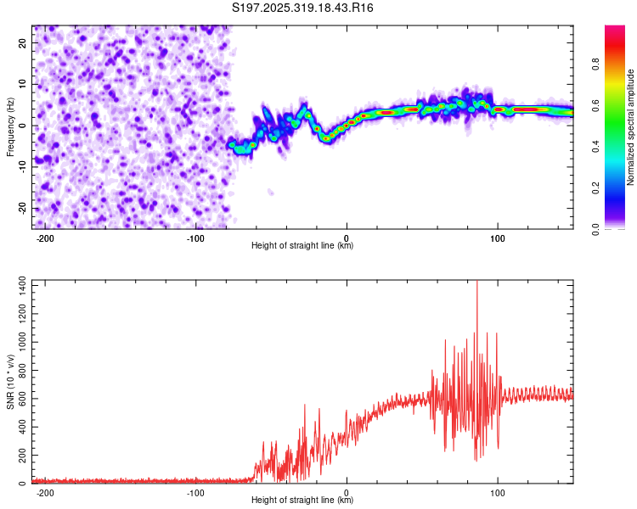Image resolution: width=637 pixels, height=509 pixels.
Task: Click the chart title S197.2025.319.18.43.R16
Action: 303,8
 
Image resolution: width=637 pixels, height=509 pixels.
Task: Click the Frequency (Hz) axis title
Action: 11,126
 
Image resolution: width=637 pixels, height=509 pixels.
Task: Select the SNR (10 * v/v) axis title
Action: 11,381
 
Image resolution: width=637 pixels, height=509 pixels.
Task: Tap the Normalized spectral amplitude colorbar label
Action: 631,127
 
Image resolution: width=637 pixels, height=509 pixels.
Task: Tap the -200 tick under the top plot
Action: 46,238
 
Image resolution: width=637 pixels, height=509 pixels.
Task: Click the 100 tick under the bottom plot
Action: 497,492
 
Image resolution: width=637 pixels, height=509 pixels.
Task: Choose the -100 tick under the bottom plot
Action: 196,492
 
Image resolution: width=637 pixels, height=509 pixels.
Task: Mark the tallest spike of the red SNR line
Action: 476,282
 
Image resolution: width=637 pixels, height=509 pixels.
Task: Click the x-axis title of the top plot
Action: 302,247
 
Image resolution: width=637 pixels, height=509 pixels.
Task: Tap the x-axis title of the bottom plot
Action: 302,501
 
